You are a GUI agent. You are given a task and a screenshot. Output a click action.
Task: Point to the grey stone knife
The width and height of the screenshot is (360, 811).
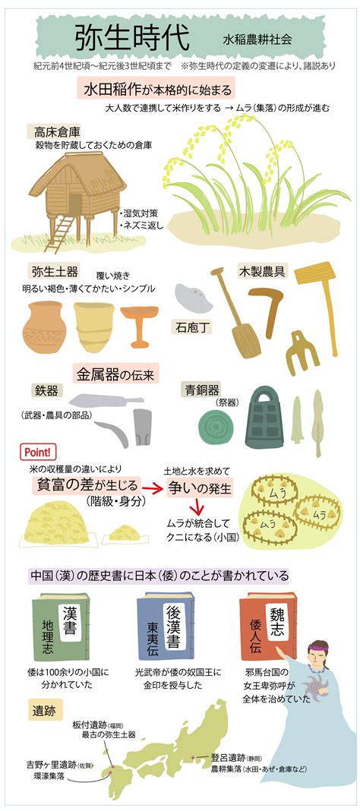click(x=194, y=298)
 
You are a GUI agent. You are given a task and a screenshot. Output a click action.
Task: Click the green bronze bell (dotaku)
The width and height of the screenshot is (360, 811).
click(x=264, y=418)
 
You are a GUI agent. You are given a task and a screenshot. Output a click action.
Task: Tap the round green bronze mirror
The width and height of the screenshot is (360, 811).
click(x=215, y=426)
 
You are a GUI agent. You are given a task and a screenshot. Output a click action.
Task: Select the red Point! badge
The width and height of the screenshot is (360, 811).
click(x=37, y=451)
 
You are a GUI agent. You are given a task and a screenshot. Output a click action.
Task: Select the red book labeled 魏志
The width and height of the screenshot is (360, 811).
click(x=268, y=625)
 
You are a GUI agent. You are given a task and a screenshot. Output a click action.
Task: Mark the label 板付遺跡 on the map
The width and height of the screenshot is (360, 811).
click(x=88, y=725)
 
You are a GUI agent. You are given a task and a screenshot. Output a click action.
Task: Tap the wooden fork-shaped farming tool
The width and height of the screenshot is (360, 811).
click(x=301, y=353)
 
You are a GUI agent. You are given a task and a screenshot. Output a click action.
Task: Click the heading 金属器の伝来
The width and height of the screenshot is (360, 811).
click(x=117, y=372)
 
